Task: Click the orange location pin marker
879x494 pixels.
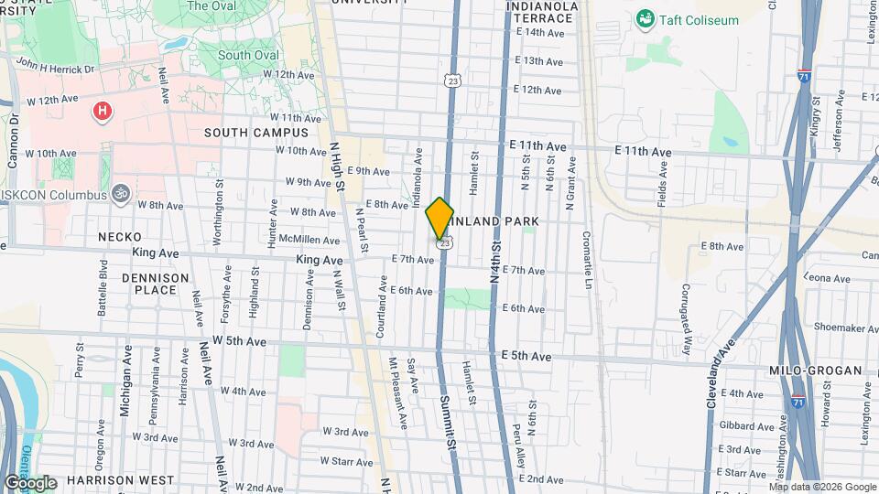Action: pyautogui.click(x=439, y=218)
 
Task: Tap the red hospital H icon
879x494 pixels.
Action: pyautogui.click(x=103, y=112)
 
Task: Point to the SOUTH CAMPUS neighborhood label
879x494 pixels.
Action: pyautogui.click(x=244, y=133)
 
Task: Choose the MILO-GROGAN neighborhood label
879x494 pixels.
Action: pyautogui.click(x=815, y=370)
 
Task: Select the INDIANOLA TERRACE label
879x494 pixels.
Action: pyautogui.click(x=542, y=12)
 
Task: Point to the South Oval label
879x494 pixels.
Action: pyautogui.click(x=248, y=55)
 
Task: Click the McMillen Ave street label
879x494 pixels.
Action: pyautogui.click(x=309, y=241)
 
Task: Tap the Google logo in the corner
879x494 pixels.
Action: pyautogui.click(x=30, y=483)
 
